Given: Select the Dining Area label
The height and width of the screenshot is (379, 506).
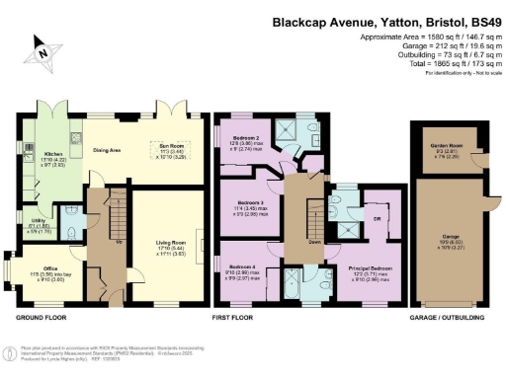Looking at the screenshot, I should click(106, 150).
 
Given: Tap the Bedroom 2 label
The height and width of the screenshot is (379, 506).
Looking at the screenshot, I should click(246, 138).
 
